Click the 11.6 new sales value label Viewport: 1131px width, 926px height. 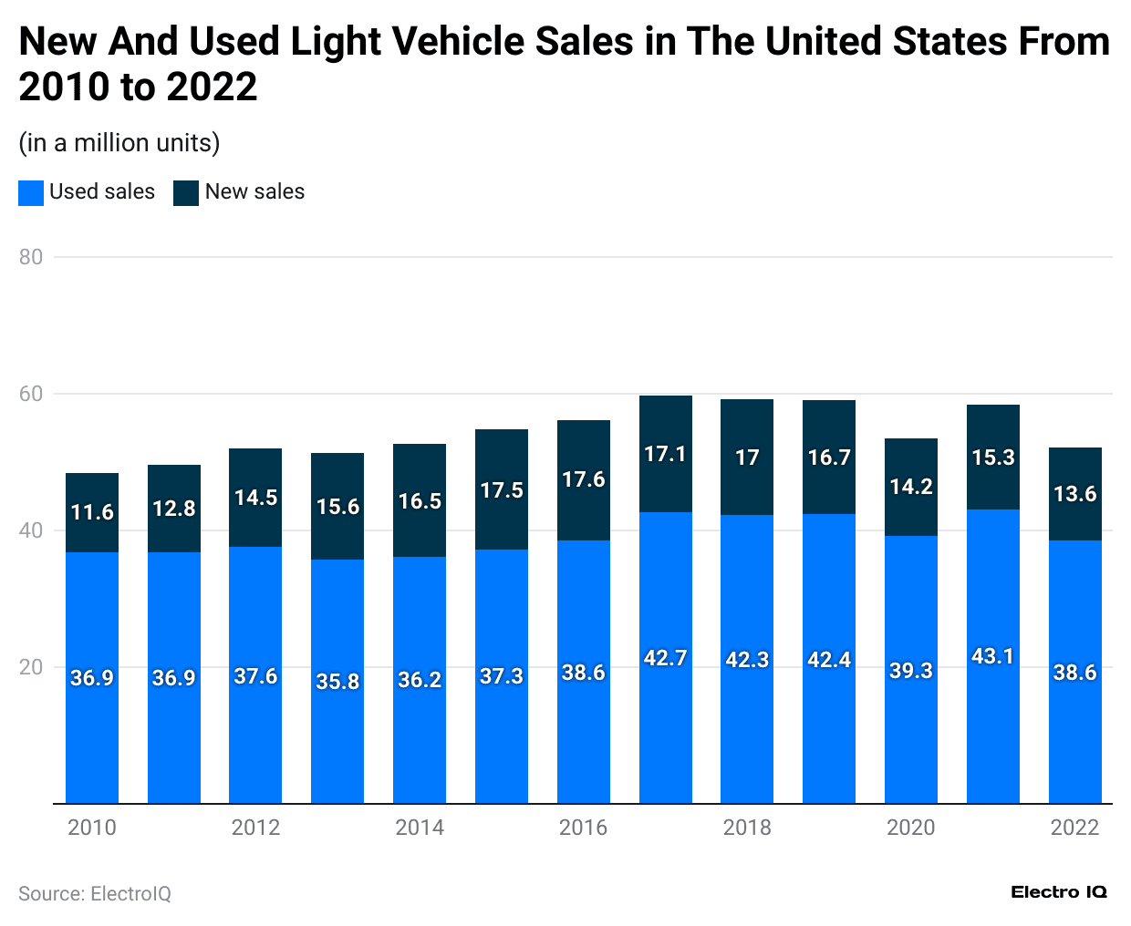pyautogui.click(x=92, y=512)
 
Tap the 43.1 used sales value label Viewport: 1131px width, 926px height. pyautogui.click(x=992, y=656)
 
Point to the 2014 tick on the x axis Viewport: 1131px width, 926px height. pyautogui.click(x=420, y=828)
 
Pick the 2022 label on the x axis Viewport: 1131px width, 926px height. pyautogui.click(x=1074, y=828)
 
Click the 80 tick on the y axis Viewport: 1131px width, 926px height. pyautogui.click(x=31, y=257)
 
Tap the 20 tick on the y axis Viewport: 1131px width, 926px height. pyautogui.click(x=31, y=667)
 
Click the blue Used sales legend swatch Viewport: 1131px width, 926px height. pyautogui.click(x=31, y=192)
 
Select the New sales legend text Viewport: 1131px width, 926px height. pyautogui.click(x=254, y=192)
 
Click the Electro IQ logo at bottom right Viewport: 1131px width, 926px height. pyautogui.click(x=1058, y=892)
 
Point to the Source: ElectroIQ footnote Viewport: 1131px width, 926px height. pyautogui.click(x=95, y=894)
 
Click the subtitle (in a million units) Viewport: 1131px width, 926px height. pyautogui.click(x=119, y=143)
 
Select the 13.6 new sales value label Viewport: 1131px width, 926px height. pyautogui.click(x=1074, y=494)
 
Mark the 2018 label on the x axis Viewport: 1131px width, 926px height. pyautogui.click(x=747, y=828)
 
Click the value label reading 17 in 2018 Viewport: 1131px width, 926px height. pyautogui.click(x=747, y=458)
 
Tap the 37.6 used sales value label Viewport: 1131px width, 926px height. pyautogui.click(x=255, y=676)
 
